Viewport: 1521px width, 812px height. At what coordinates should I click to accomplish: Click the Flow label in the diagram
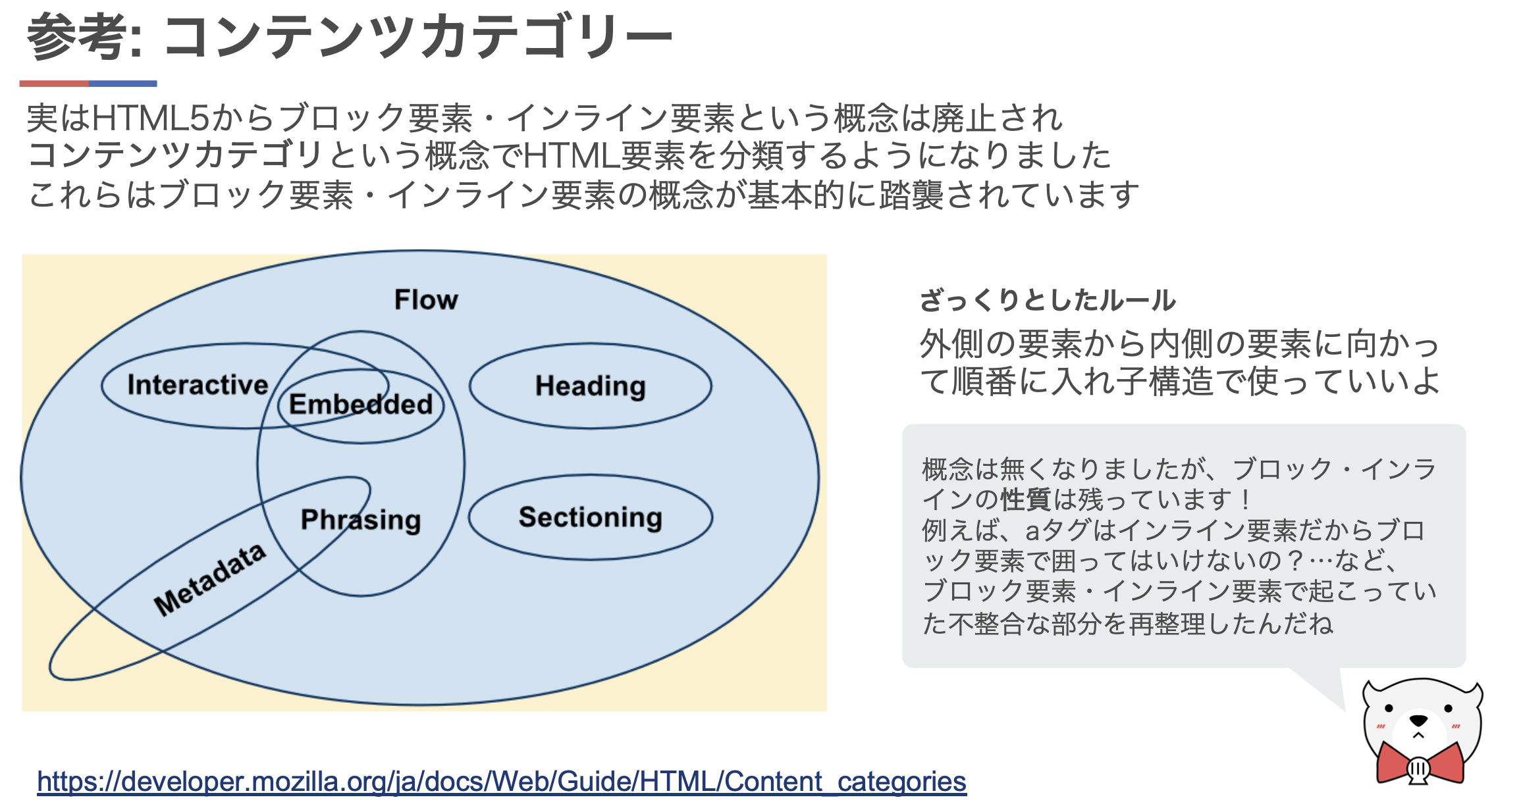[x=426, y=300]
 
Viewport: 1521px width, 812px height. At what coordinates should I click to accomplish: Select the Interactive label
[x=198, y=385]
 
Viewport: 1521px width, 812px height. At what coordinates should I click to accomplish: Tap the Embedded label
[x=361, y=404]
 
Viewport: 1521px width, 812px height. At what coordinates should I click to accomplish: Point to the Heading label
[x=590, y=386]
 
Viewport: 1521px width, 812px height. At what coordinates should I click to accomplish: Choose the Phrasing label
[x=361, y=520]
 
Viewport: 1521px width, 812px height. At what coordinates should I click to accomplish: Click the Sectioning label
[x=590, y=517]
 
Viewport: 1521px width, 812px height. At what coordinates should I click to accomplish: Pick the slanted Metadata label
[x=210, y=579]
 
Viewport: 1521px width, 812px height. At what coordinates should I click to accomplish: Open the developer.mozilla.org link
[x=501, y=782]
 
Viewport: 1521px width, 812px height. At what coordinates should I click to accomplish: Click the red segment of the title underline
[x=54, y=84]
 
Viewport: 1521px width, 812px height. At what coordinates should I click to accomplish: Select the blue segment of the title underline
[x=123, y=84]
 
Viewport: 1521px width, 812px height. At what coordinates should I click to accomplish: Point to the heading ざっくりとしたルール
[x=1047, y=300]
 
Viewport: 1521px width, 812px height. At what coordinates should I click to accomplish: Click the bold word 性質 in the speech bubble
[x=1025, y=500]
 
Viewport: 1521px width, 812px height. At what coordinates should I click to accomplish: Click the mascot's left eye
[x=1389, y=709]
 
